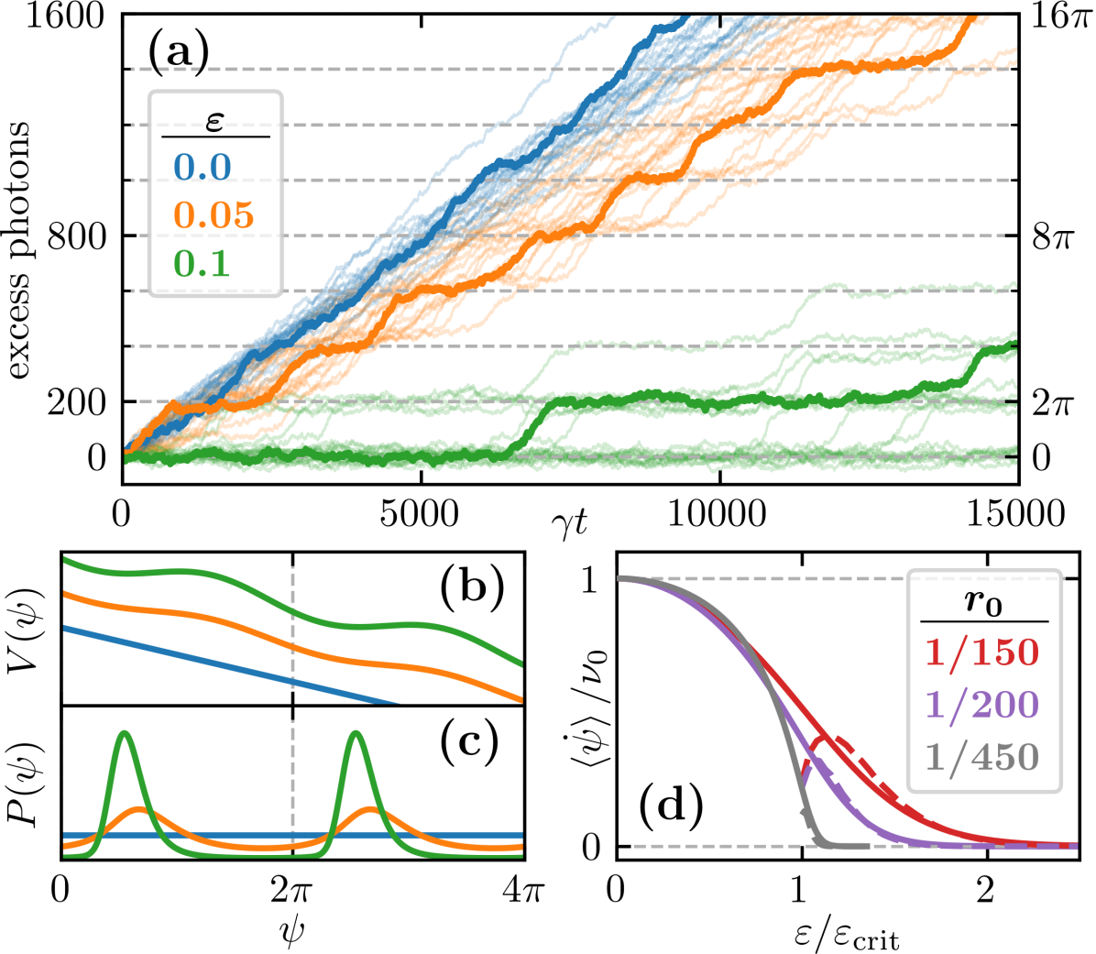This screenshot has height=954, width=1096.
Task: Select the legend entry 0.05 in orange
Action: click(214, 214)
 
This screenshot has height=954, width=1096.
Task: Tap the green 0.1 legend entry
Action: click(202, 263)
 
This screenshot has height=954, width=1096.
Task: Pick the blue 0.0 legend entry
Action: click(203, 167)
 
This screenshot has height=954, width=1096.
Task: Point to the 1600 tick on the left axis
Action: click(62, 16)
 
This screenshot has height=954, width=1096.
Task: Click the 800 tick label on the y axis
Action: click(77, 236)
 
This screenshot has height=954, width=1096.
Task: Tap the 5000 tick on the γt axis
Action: click(421, 514)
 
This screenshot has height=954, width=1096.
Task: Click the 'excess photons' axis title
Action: click(20, 249)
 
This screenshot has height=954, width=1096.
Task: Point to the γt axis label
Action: click(570, 522)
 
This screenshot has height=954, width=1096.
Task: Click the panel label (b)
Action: click(471, 587)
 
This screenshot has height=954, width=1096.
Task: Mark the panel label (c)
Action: click(469, 742)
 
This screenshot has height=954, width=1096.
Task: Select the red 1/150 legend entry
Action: click(981, 652)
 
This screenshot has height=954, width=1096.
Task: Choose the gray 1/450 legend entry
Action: click(981, 758)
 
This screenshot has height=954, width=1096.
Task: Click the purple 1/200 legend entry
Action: click(981, 705)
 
